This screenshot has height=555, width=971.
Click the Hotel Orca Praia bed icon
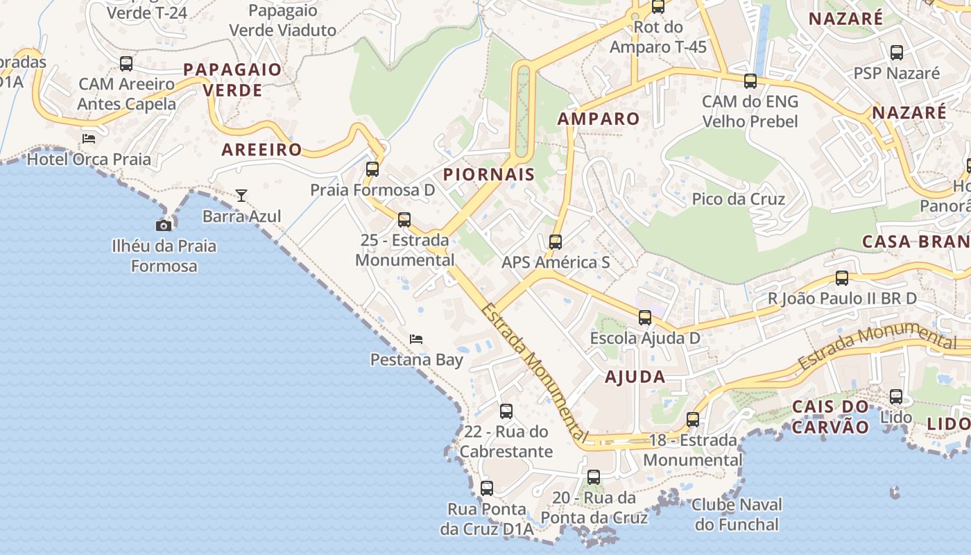pyautogui.click(x=89, y=138)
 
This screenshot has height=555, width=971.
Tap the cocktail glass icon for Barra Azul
pyautogui.click(x=241, y=196)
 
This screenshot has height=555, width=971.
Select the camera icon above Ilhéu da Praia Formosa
pyautogui.click(x=164, y=225)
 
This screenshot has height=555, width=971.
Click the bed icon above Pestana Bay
pyautogui.click(x=416, y=339)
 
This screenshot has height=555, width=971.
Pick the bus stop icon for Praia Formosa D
pyautogui.click(x=372, y=169)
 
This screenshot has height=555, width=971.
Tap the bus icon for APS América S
pyautogui.click(x=556, y=242)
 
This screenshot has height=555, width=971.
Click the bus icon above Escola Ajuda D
pyautogui.click(x=645, y=318)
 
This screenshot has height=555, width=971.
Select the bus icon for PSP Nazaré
pyautogui.click(x=897, y=52)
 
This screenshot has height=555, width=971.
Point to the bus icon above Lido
pyautogui.click(x=896, y=397)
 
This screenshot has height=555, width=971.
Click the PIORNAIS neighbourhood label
pyautogui.click(x=489, y=174)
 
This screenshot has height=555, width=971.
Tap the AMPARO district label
pyautogui.click(x=599, y=119)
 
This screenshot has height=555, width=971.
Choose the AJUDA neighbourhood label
pyautogui.click(x=635, y=377)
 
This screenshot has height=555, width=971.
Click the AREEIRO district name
pyautogui.click(x=261, y=149)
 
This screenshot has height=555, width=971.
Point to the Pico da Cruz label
pyautogui.click(x=739, y=199)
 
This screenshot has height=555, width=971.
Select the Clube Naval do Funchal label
pyautogui.click(x=737, y=514)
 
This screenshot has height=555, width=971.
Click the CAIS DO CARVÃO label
pyautogui.click(x=830, y=416)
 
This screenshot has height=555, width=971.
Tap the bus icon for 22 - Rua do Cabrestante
pyautogui.click(x=506, y=411)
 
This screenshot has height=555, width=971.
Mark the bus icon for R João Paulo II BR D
pyautogui.click(x=842, y=278)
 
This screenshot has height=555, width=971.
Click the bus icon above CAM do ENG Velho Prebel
pyautogui.click(x=750, y=81)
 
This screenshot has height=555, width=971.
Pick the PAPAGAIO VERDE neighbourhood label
pyautogui.click(x=232, y=80)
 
